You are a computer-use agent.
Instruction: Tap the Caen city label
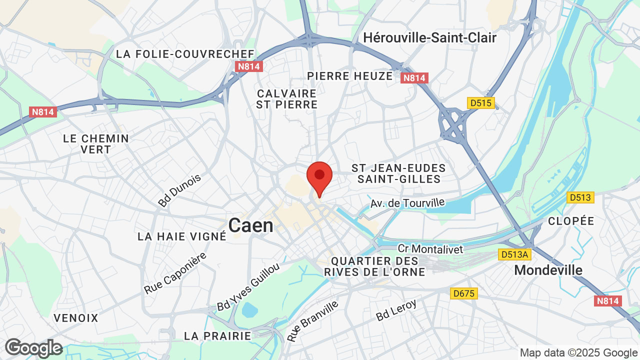(x=250, y=225)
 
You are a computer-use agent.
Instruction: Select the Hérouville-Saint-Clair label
(x=429, y=37)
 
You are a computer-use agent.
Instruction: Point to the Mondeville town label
(x=548, y=270)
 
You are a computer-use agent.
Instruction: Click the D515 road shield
(x=481, y=103)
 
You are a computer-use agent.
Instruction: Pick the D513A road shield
(x=514, y=255)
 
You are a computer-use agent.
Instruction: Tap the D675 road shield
(x=463, y=293)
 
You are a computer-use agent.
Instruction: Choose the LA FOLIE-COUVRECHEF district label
(x=185, y=54)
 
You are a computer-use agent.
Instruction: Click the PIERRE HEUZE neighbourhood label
(x=350, y=76)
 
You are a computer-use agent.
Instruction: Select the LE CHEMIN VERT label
(x=96, y=143)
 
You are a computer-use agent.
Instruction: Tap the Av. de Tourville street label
(x=407, y=203)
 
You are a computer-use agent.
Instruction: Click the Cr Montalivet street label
(x=430, y=248)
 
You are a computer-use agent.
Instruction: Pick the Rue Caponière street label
(x=175, y=273)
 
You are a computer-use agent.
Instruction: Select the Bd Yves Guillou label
(x=248, y=286)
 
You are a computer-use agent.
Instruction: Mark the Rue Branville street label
(x=312, y=320)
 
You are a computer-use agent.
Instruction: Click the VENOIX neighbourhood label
(x=76, y=318)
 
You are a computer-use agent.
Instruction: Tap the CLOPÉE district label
(x=571, y=221)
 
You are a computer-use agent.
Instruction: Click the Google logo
(x=33, y=348)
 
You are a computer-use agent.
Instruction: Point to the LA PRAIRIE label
(x=217, y=335)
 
